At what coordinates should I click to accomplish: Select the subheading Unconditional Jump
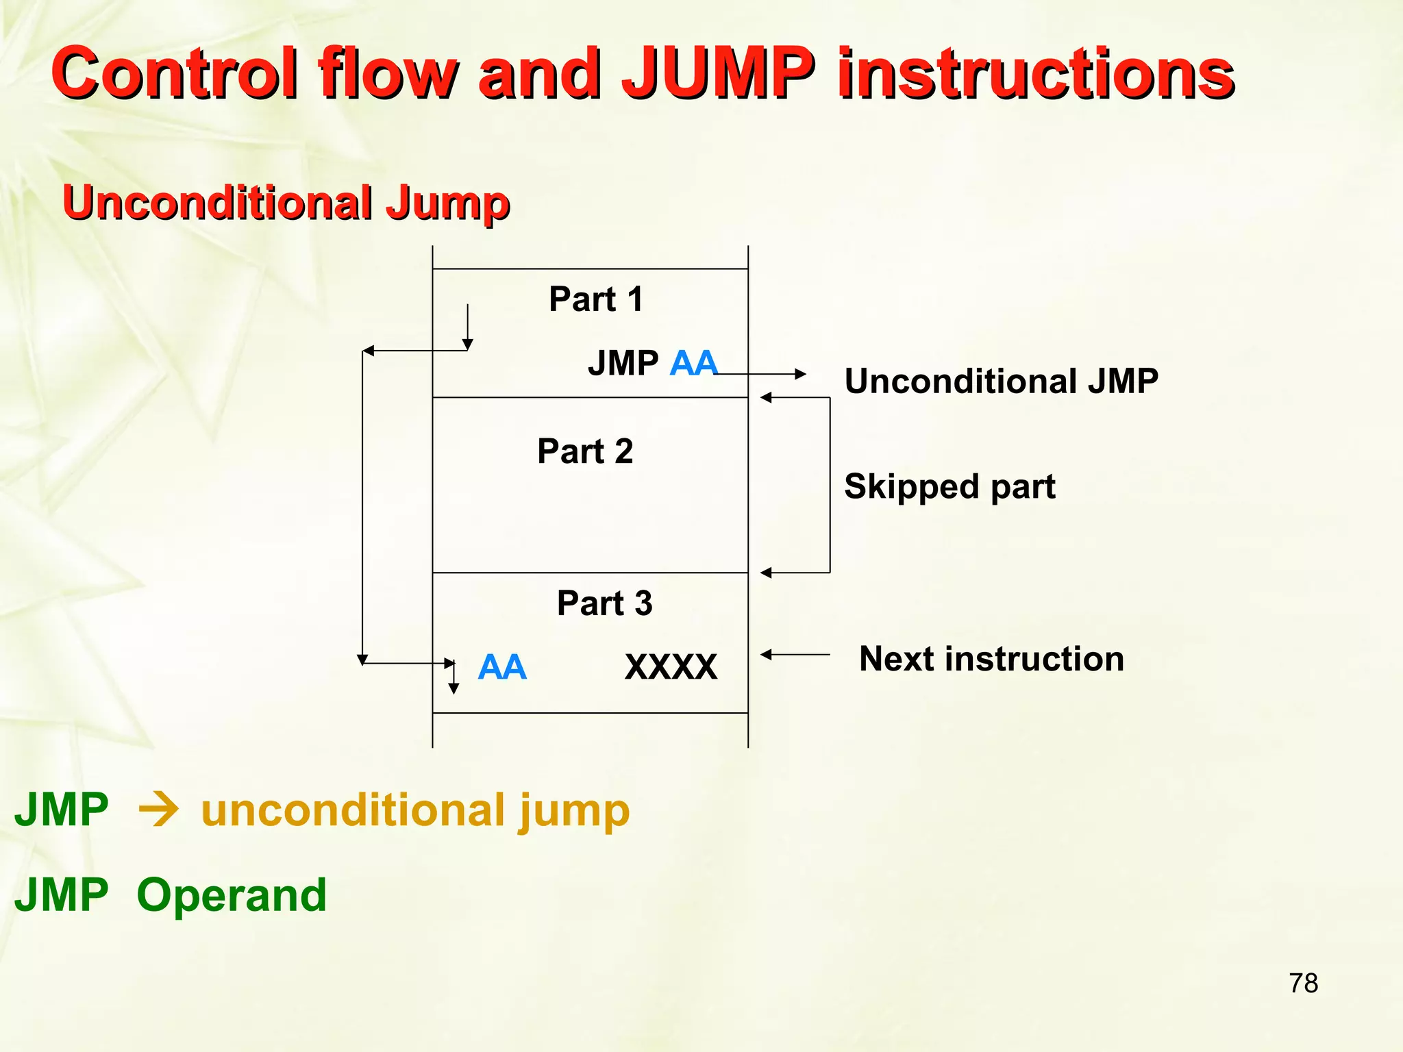(286, 203)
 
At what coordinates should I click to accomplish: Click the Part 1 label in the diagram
(596, 299)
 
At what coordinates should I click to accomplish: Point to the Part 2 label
(585, 451)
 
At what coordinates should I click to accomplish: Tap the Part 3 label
(604, 603)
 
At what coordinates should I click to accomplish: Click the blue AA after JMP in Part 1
(693, 363)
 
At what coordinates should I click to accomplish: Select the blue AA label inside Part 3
(502, 667)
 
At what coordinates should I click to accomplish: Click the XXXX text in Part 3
(671, 667)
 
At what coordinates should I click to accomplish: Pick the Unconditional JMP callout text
(1001, 381)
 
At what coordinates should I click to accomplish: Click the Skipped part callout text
(949, 486)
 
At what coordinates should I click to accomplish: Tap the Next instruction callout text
(991, 659)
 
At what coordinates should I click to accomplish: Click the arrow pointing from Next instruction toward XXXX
(795, 655)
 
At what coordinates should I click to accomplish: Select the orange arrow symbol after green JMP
(158, 811)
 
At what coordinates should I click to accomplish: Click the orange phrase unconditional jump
(415, 811)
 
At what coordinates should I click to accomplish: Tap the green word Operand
(232, 895)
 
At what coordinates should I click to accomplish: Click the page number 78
(1303, 984)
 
